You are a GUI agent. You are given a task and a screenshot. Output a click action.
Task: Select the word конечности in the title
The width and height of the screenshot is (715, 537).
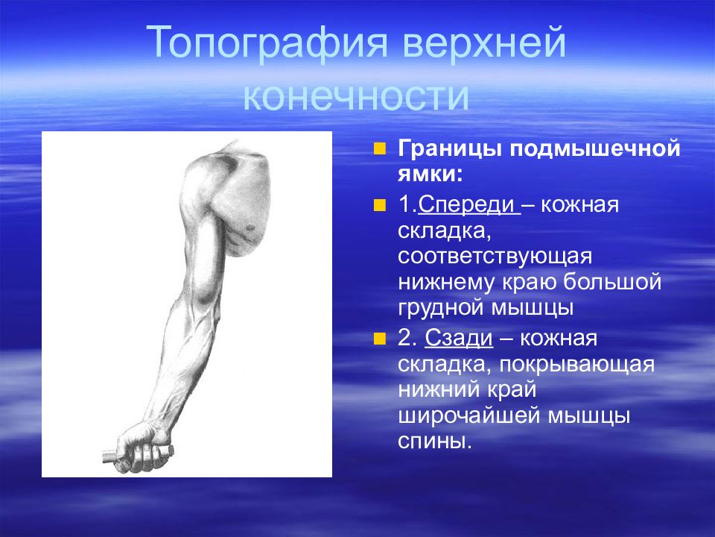click(x=356, y=96)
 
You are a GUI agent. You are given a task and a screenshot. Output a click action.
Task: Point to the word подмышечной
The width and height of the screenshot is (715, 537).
click(x=594, y=149)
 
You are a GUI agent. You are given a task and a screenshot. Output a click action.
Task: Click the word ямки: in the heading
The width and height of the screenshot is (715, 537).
click(x=430, y=175)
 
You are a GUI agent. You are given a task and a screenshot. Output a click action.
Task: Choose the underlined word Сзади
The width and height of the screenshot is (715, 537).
click(x=459, y=339)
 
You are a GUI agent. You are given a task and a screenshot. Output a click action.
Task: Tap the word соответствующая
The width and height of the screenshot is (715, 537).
click(x=495, y=257)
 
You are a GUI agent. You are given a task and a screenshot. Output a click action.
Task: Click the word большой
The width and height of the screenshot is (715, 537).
click(x=612, y=282)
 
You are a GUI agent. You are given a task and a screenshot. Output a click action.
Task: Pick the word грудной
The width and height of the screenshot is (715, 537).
click(x=440, y=307)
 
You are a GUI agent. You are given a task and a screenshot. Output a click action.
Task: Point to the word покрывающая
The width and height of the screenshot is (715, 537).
click(x=576, y=365)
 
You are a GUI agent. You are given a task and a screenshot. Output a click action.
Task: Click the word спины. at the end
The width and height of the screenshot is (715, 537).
click(x=434, y=442)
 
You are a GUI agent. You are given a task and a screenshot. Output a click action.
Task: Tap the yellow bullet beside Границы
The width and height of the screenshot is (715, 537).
click(x=379, y=149)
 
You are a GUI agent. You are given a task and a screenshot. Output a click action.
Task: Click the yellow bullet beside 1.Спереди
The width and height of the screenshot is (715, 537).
click(x=379, y=206)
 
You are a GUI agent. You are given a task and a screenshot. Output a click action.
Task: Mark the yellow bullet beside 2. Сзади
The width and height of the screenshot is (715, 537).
click(x=379, y=339)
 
